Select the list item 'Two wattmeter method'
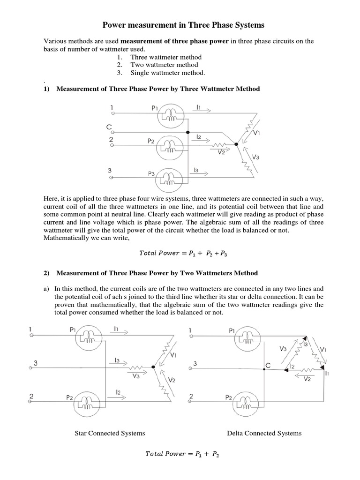(164, 65)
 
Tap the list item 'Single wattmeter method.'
(167, 73)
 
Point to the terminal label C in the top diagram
(108, 127)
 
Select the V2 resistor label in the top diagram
(221, 152)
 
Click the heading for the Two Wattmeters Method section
(157, 273)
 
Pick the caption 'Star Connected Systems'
(110, 433)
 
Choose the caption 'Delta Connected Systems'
(264, 433)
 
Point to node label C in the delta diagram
(268, 364)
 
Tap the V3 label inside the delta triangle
(283, 349)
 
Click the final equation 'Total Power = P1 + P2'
(183, 454)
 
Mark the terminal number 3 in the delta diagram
(195, 364)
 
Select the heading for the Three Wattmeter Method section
(158, 89)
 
